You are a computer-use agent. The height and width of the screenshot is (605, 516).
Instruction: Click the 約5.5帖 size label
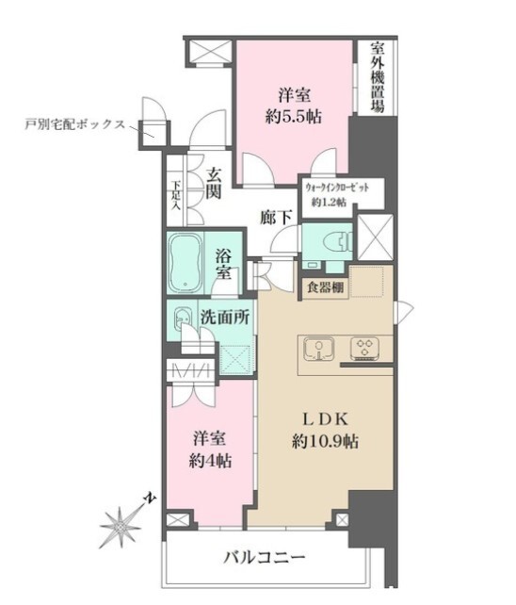(x=294, y=117)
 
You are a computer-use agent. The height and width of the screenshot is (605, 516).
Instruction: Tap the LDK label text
(x=325, y=419)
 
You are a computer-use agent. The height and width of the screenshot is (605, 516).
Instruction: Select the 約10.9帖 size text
(x=325, y=442)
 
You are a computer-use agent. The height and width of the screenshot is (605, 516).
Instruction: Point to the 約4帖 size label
(x=210, y=461)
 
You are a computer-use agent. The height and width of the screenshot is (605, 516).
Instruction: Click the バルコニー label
(x=265, y=557)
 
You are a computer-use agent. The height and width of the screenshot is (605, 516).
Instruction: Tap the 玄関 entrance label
(x=213, y=184)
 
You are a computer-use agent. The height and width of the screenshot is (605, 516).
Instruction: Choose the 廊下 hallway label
(x=275, y=218)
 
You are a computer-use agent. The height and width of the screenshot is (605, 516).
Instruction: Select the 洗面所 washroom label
(x=225, y=318)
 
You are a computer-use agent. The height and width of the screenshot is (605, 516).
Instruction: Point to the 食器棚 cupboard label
(x=326, y=287)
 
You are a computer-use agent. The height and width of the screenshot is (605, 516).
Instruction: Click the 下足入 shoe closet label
(x=176, y=195)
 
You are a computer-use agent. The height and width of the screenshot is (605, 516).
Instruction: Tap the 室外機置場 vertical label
(x=378, y=76)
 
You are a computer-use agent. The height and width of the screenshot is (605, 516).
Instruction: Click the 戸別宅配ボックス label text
(x=75, y=124)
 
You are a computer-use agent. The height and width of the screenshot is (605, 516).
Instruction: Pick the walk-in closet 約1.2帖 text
(x=329, y=202)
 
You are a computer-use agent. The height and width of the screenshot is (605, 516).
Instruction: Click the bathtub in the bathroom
(x=185, y=263)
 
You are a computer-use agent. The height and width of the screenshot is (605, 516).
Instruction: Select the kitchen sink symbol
(x=318, y=349)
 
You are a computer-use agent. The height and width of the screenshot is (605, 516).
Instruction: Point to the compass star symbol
(x=120, y=527)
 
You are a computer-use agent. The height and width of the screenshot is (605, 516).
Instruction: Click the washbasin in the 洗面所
(x=183, y=319)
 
